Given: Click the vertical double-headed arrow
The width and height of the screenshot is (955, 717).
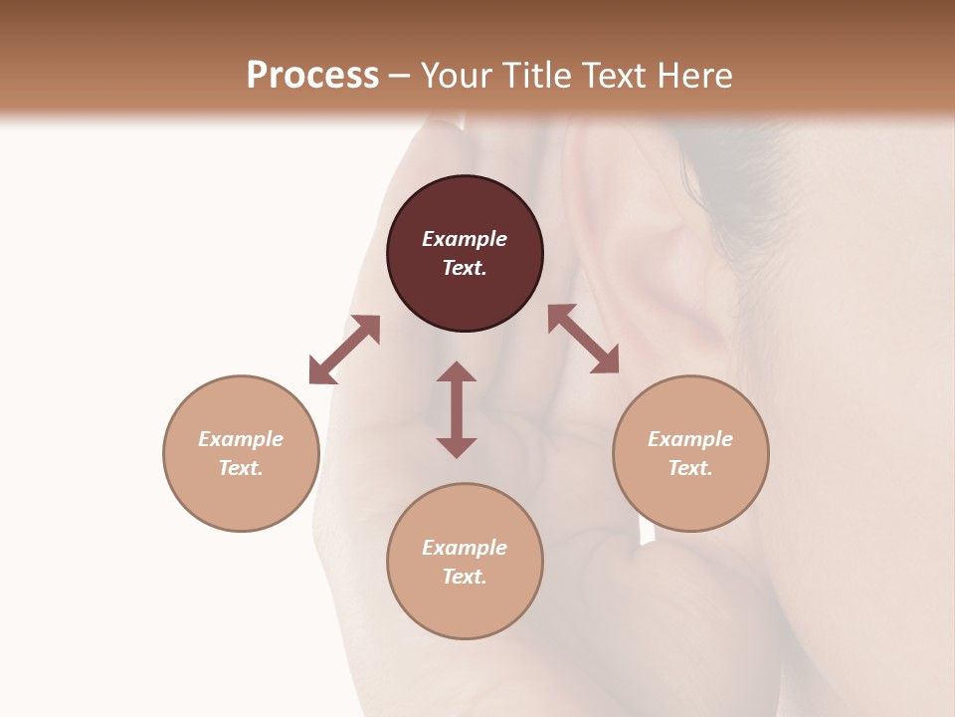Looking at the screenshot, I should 457,409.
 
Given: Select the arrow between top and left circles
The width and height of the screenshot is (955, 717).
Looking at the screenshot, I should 344,350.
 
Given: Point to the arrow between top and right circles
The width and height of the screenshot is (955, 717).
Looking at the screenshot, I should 583,339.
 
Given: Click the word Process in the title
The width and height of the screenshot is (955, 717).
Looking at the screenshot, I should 312,75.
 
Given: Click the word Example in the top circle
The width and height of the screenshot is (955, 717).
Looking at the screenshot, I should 465,239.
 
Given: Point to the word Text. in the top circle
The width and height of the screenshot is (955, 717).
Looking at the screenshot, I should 465,268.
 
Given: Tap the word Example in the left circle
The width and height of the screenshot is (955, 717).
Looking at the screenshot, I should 241,439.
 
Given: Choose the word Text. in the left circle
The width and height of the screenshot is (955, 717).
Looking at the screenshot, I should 241,468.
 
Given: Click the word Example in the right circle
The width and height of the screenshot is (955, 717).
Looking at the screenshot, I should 690,439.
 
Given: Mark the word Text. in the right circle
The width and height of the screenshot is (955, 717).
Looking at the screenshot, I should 690,468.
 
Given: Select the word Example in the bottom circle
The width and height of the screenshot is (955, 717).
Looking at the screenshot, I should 465,548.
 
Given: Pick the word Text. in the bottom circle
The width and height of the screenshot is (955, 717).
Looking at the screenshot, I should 465,577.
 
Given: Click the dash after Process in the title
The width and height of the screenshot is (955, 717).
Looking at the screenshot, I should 399,76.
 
